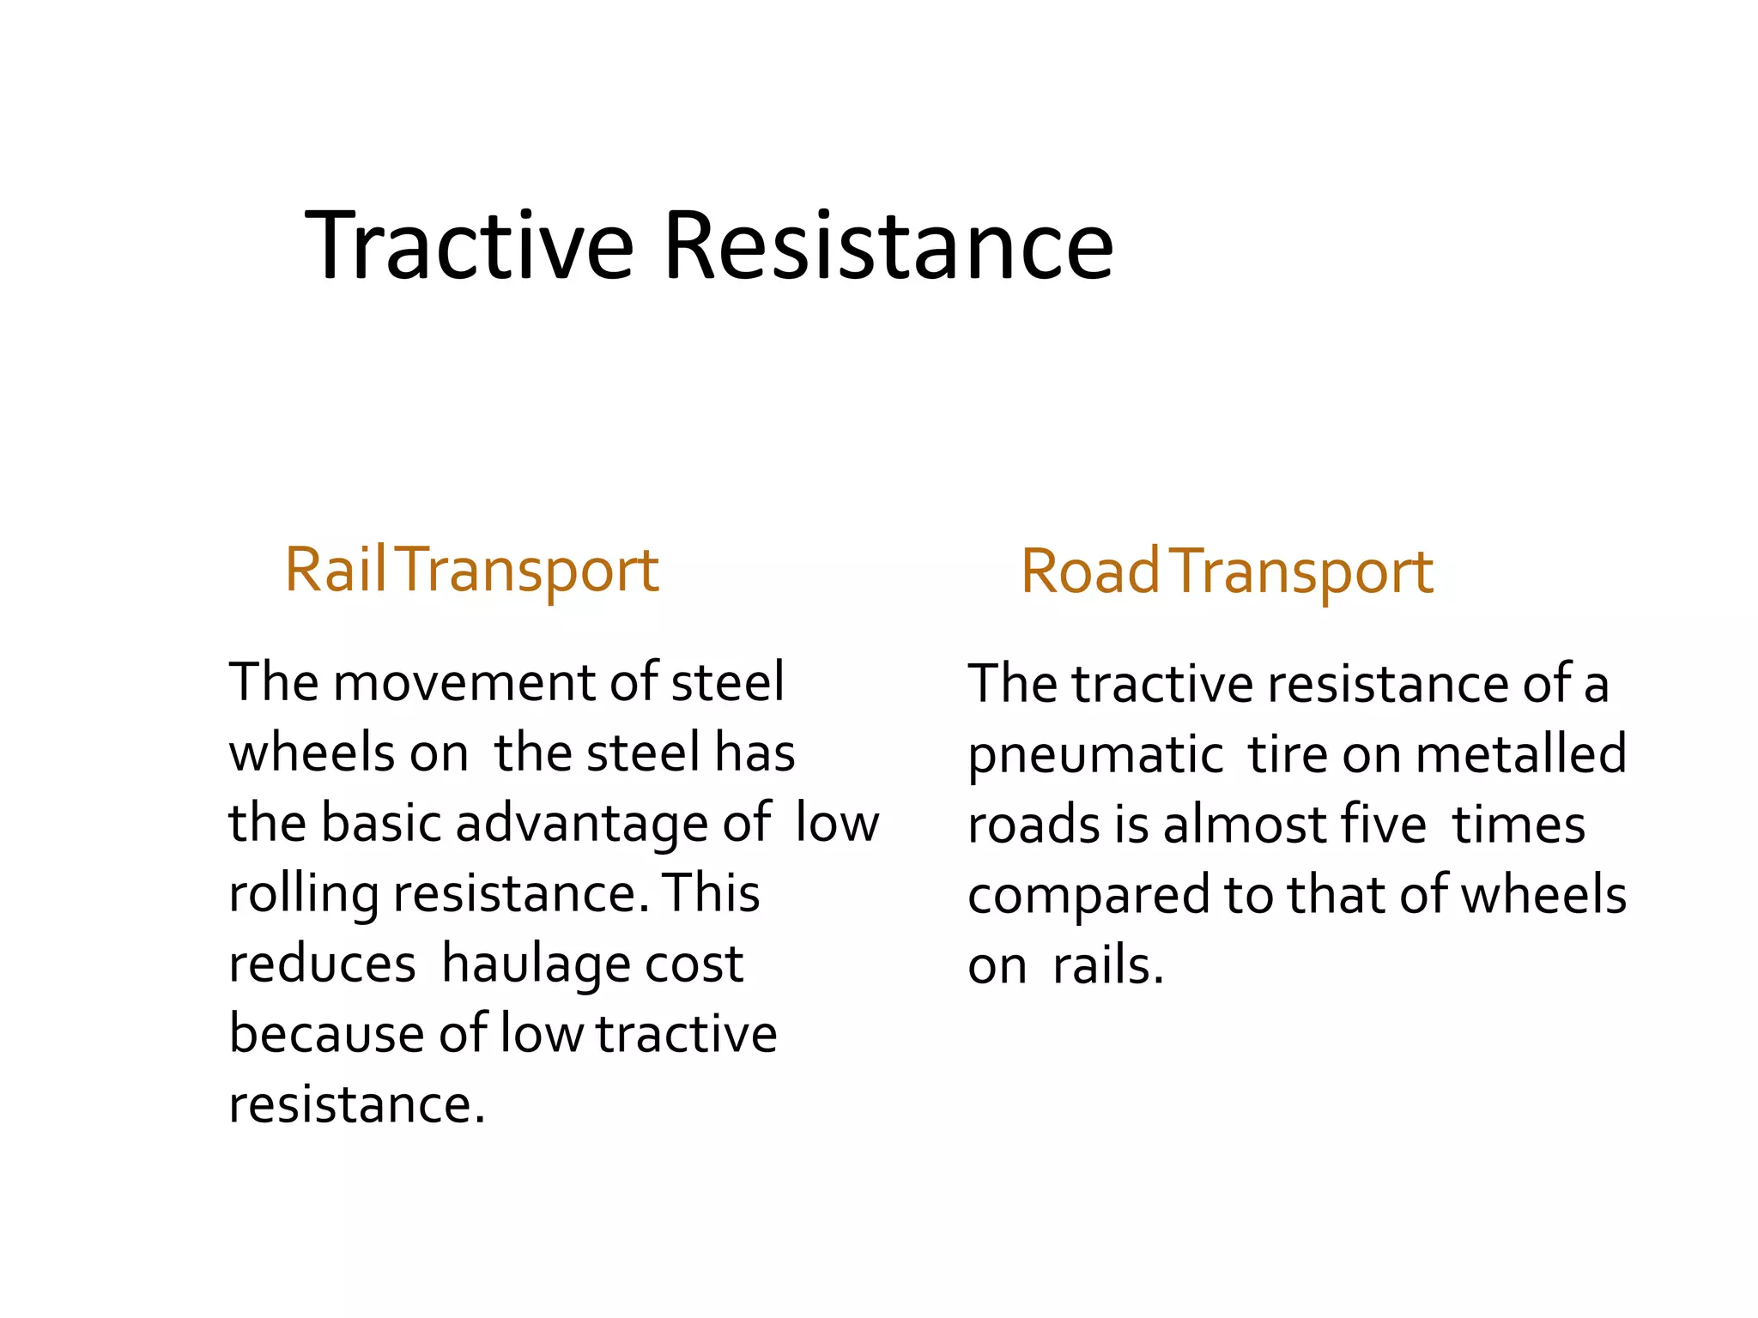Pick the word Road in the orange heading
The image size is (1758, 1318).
[1089, 571]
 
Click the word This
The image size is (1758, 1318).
[712, 893]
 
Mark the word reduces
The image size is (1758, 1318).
[322, 964]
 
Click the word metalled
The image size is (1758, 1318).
[1520, 754]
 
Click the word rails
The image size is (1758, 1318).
[1107, 967]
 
